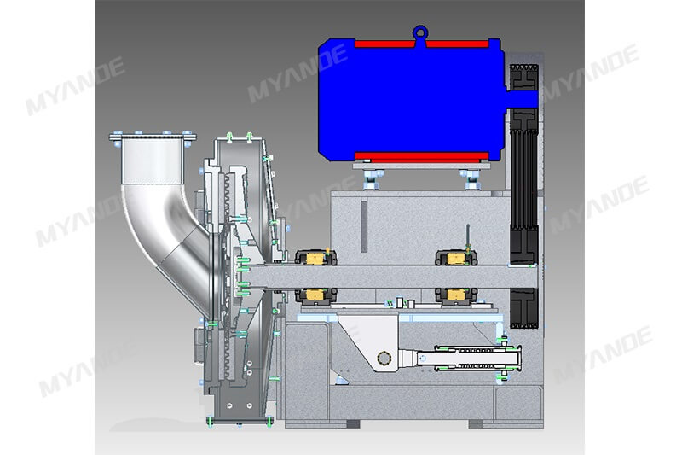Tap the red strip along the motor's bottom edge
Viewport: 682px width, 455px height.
coord(421,156)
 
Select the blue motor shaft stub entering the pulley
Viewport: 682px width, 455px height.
coord(523,99)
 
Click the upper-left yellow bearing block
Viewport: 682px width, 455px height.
coord(316,258)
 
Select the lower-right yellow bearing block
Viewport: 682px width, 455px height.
coord(456,295)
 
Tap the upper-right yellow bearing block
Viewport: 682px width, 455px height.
coord(456,258)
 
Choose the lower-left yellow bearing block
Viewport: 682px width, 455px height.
coord(316,295)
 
